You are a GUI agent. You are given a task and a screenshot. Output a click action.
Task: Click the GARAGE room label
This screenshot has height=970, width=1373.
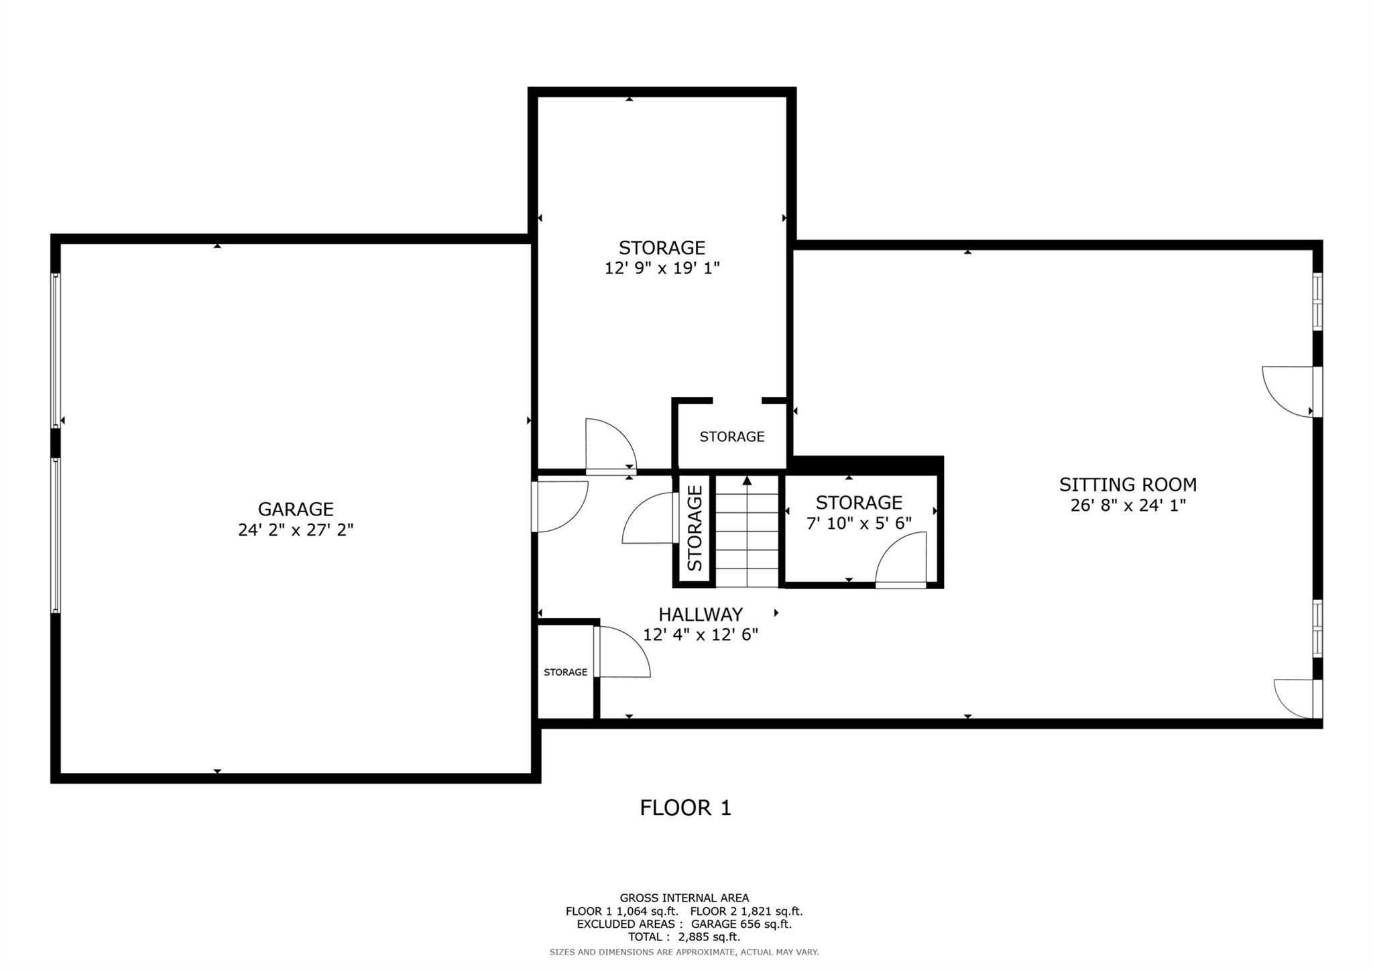point(295,509)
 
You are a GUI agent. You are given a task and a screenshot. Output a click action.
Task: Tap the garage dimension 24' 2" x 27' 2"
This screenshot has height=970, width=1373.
point(295,530)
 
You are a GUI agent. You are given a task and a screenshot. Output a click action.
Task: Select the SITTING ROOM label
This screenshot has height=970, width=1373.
point(1128,484)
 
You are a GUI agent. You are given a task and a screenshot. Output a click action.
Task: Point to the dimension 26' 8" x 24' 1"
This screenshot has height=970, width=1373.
point(1128,505)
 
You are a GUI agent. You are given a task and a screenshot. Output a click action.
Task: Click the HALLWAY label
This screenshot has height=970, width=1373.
point(700,614)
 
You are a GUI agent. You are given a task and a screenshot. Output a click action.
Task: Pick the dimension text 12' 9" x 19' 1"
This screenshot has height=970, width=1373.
point(662,268)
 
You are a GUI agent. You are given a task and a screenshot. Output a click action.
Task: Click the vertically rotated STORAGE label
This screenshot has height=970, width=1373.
point(695,529)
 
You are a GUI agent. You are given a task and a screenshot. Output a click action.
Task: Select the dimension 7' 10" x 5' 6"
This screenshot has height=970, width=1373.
point(859,523)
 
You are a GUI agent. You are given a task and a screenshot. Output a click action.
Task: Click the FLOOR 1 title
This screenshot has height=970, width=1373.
point(685,807)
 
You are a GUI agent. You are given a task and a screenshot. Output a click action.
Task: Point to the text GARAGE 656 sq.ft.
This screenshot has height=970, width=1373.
point(741,924)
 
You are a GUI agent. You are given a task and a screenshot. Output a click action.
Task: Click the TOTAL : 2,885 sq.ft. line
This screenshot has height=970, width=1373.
point(684,936)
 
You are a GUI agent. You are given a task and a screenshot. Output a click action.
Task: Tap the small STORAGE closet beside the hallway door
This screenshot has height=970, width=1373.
point(565,672)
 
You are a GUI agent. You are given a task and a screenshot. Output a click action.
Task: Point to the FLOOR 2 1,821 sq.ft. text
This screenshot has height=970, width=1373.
point(745,911)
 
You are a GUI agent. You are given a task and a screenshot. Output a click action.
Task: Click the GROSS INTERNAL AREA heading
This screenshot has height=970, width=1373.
point(684,898)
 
